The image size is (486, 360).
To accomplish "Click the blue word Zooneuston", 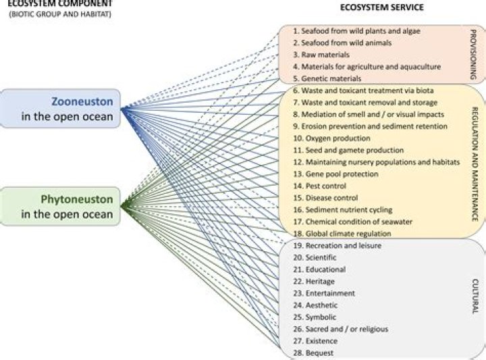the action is tap(82, 102).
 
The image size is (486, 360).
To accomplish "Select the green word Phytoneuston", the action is tap(77, 199).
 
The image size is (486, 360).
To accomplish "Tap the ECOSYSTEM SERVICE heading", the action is tap(382, 7).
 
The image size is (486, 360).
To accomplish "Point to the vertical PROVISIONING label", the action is tap(473, 55).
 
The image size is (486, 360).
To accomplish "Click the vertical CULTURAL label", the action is tap(475, 296).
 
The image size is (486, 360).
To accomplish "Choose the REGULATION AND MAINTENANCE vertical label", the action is tap(475, 164).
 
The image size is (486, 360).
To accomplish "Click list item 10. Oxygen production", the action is tap(331, 138).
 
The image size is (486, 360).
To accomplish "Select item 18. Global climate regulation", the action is tap(342, 234).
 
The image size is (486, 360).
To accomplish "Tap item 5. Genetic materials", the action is tap(327, 78).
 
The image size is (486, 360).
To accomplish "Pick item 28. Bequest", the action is tap(309, 353).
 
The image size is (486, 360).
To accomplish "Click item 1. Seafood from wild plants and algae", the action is tap(357, 31).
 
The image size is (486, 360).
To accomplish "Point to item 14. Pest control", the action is tap(319, 186).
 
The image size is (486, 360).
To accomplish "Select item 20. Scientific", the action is tap(315, 257).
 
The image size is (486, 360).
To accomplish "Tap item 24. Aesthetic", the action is tap(315, 305).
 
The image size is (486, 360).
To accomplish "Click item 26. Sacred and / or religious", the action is tap(341, 329).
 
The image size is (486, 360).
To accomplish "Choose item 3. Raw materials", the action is tap(321, 55).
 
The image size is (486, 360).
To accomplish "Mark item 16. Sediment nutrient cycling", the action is tap(343, 210).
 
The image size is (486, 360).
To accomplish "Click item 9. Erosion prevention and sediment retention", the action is tap(371, 126).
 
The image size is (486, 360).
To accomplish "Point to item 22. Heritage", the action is tap(314, 281).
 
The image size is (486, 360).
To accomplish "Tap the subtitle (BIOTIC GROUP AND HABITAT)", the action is tap(60, 14).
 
